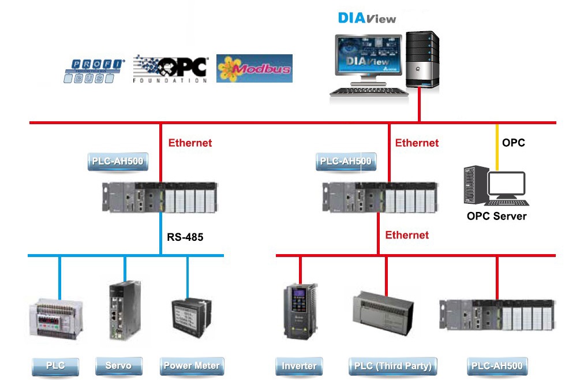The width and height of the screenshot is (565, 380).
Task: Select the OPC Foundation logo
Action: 170,69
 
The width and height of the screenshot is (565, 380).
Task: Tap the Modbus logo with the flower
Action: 254,69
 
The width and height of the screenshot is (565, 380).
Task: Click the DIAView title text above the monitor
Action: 367,18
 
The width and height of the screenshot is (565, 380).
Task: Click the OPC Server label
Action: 497,216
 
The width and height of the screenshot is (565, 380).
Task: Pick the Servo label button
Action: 118,366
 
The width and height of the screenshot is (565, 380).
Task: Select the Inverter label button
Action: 299,366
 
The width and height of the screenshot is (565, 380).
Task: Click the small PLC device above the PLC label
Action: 55,319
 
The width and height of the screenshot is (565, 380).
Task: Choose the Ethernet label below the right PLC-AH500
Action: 407,235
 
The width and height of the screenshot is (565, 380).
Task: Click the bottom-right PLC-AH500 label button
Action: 497,366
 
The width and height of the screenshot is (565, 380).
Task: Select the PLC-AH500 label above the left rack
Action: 118,161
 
